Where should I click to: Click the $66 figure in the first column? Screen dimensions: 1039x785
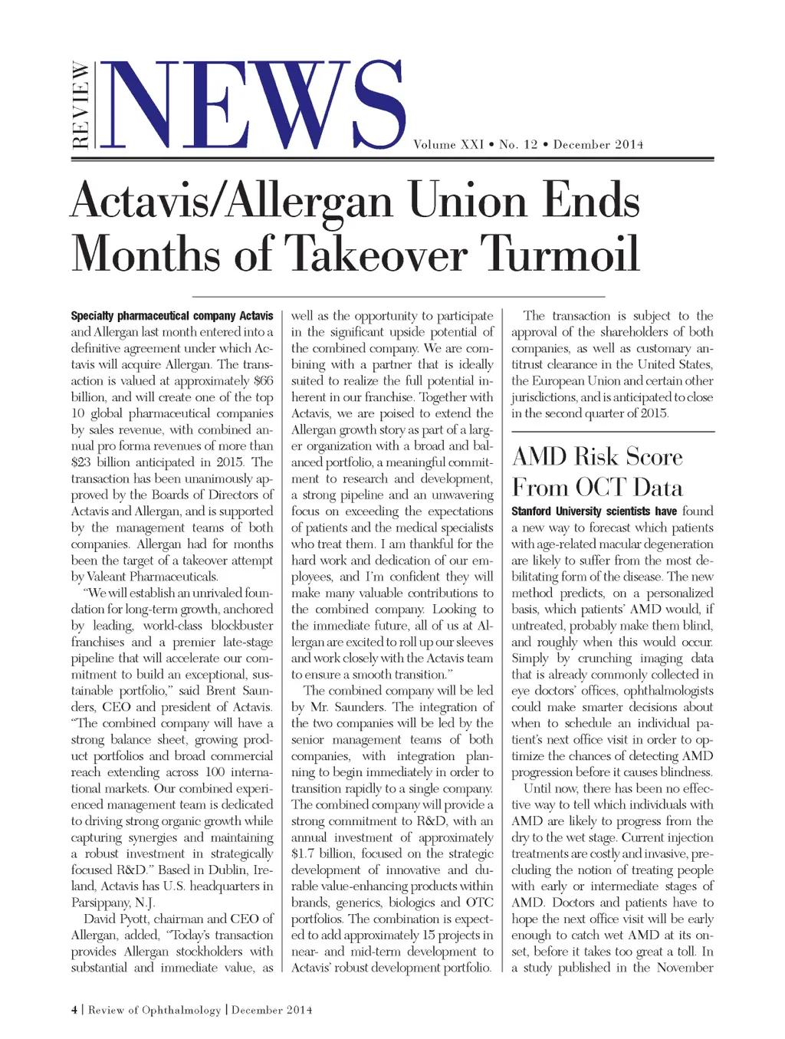[263, 381]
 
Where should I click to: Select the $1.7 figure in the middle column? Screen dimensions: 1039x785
[304, 853]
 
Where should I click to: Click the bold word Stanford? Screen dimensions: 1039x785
[531, 511]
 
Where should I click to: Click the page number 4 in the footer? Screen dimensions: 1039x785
[74, 1010]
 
